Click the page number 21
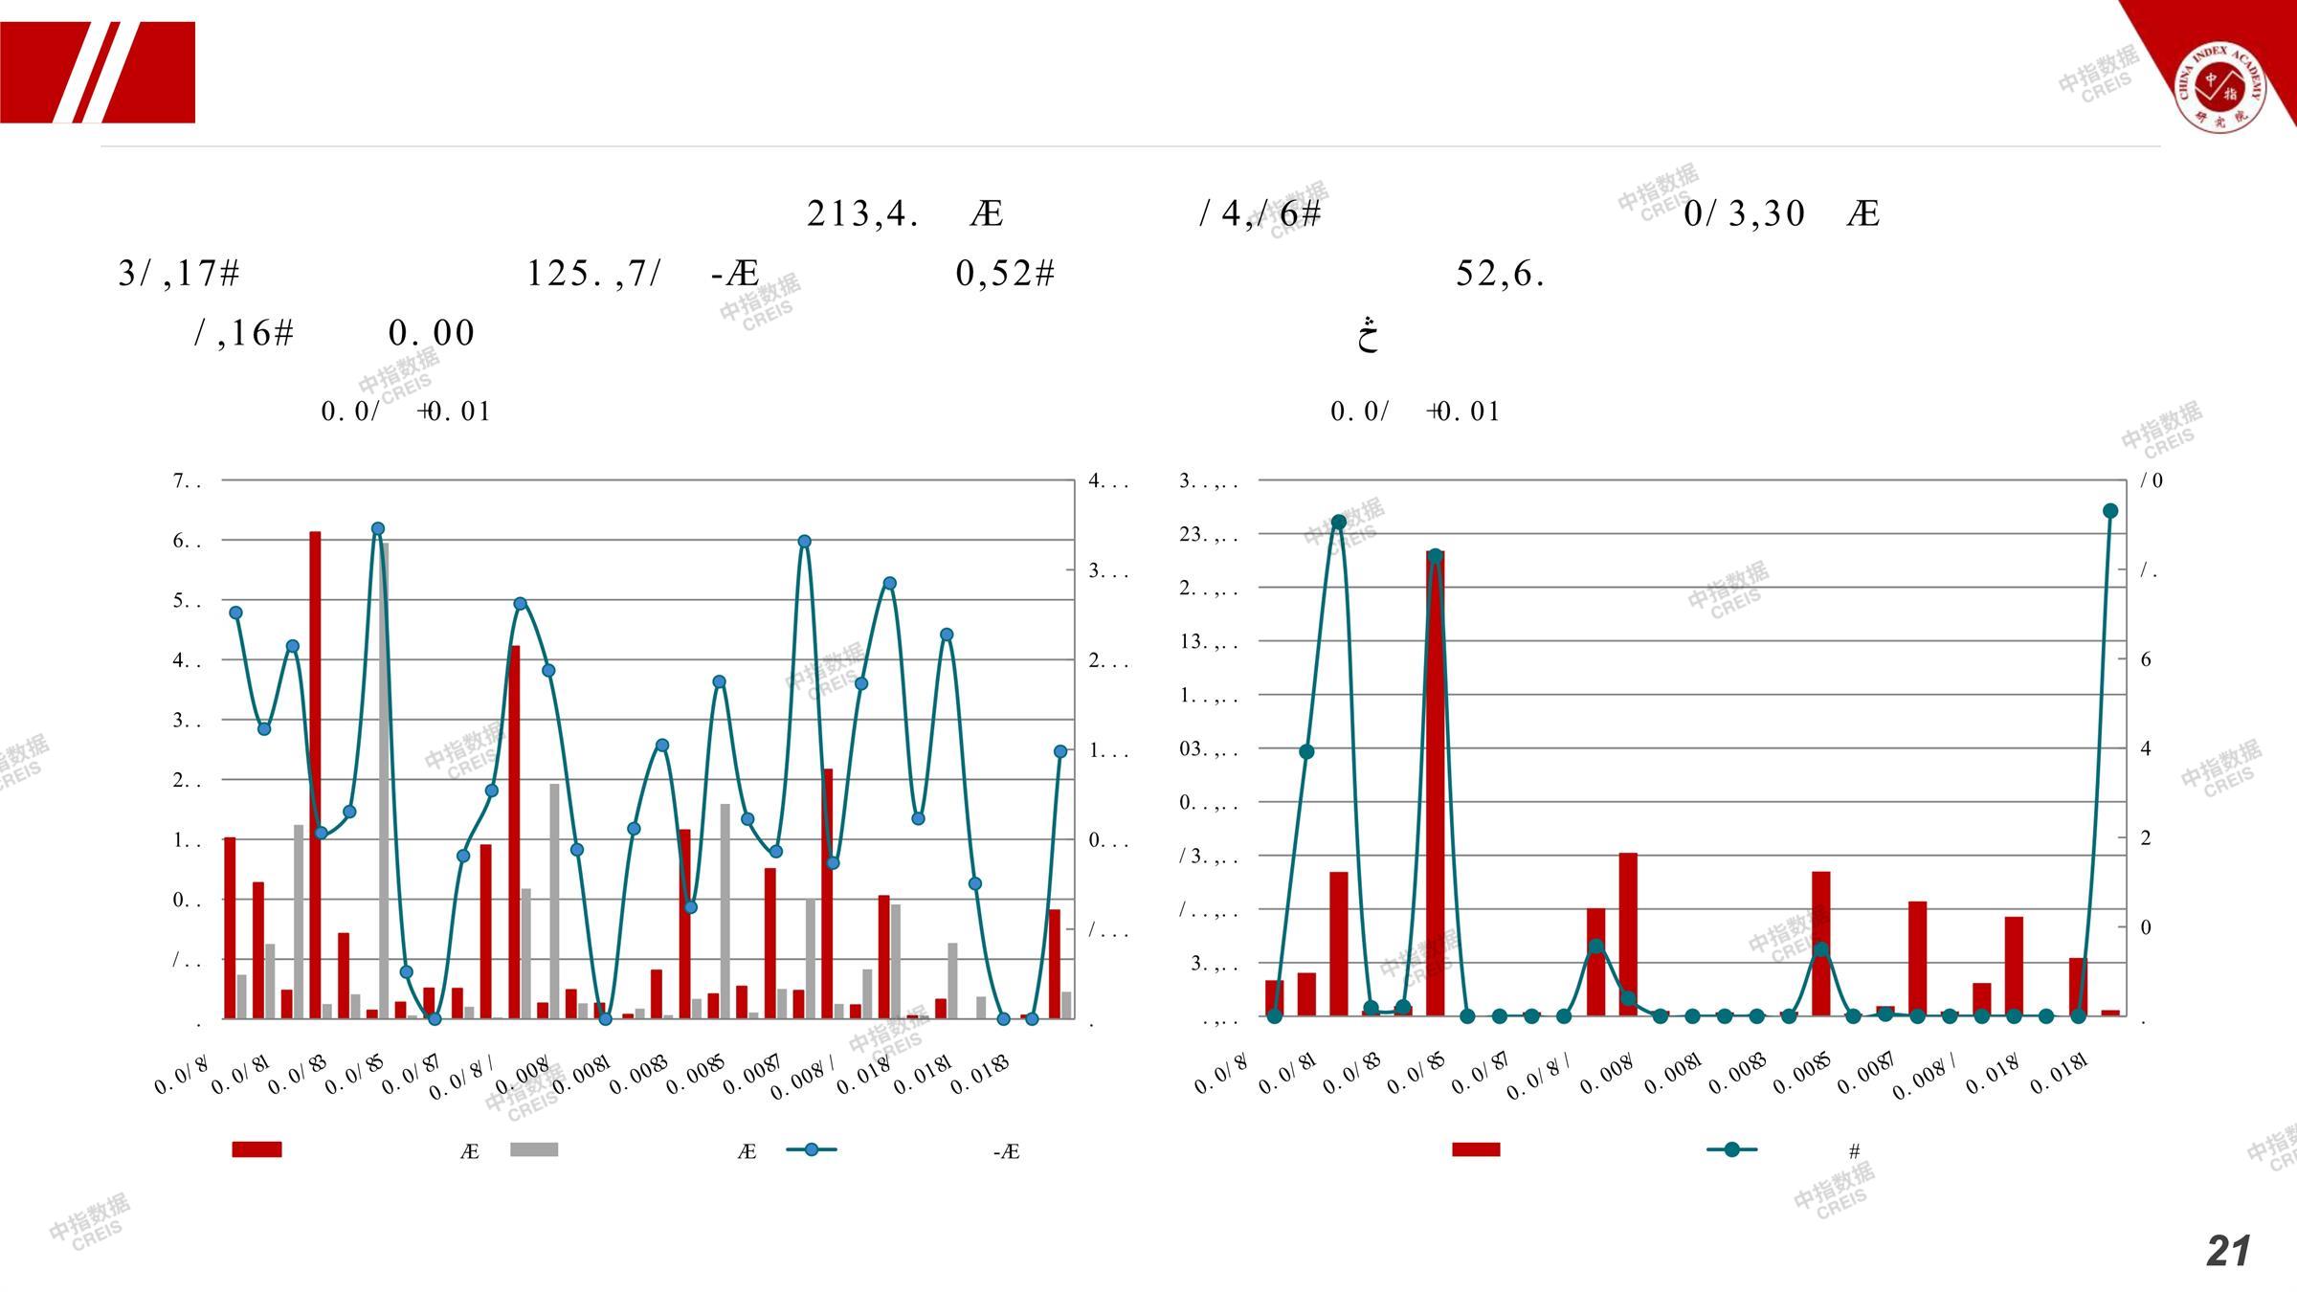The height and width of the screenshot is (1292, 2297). coord(2227,1251)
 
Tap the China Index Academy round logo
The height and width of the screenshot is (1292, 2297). coord(2220,86)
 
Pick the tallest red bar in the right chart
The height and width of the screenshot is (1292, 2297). coord(1435,785)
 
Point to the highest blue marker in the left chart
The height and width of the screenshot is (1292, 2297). coord(377,529)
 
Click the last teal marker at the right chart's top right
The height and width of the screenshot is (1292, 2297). coord(2110,511)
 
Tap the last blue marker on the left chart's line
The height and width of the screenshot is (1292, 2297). coord(1060,752)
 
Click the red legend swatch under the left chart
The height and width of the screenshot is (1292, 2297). coord(256,1149)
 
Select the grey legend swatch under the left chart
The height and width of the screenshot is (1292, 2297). coord(534,1149)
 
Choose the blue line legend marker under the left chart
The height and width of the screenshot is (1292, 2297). coord(812,1149)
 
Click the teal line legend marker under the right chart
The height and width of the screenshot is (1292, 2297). coord(1731,1149)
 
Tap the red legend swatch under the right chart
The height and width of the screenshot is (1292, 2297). coord(1476,1149)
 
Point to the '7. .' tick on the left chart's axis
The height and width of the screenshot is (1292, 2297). coord(187,480)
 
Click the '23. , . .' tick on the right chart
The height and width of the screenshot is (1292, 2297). coord(1208,535)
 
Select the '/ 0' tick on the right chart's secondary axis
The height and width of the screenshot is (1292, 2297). coord(2152,480)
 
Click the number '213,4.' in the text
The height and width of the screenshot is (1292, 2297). coord(863,213)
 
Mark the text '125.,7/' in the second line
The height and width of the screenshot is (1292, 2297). coord(593,274)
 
